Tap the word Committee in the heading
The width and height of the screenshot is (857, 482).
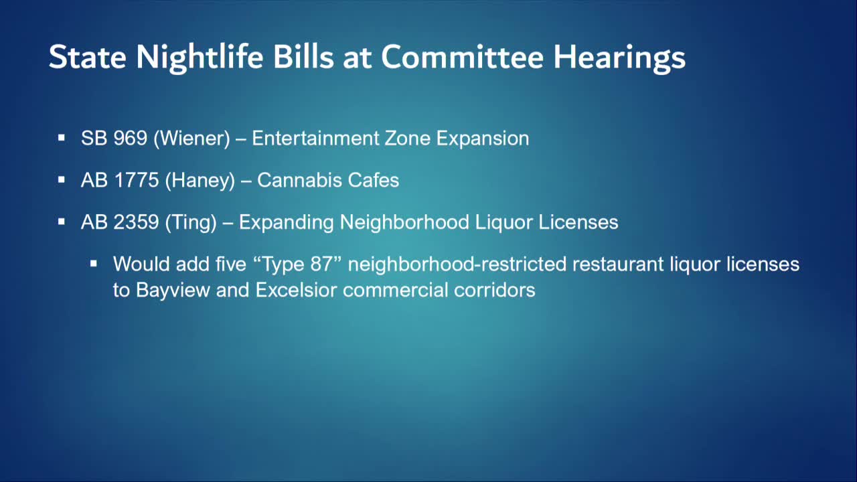462,58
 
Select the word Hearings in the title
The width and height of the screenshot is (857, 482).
619,58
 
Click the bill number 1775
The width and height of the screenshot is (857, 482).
136,180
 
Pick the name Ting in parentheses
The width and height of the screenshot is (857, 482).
191,222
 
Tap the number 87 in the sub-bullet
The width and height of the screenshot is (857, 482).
321,264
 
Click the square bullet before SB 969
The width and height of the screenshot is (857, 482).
62,139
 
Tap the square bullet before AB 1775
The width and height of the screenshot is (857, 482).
62,180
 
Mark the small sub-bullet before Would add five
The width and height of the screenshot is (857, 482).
94,264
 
